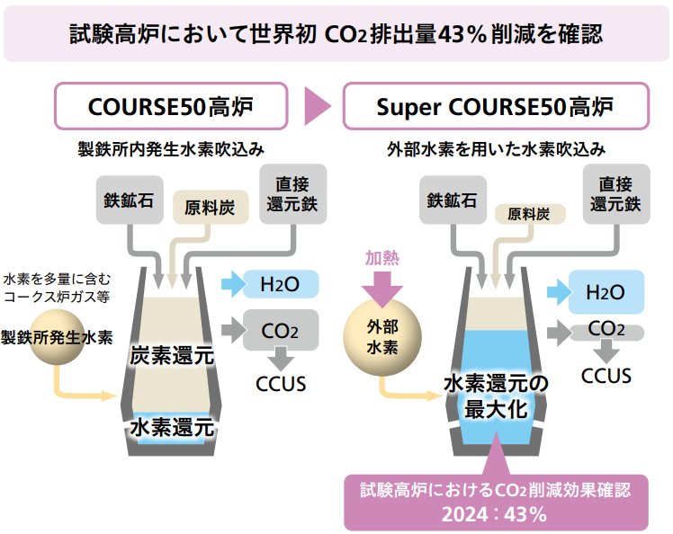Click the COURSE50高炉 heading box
click(171, 107)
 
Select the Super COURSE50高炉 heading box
click(495, 107)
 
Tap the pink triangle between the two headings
click(316, 107)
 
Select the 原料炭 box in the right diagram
click(529, 213)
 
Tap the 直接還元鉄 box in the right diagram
click(615, 192)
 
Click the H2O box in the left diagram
click(280, 284)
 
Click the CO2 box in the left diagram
click(281, 330)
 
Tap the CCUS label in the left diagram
click(282, 385)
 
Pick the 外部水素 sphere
click(384, 336)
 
